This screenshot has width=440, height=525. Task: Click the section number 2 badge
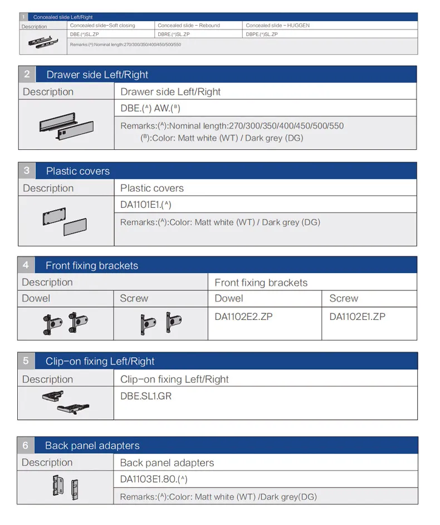click(x=27, y=74)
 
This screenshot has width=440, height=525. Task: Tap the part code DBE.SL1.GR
click(x=146, y=396)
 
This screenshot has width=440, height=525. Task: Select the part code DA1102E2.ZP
click(x=243, y=317)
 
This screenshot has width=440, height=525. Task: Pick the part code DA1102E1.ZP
click(x=358, y=317)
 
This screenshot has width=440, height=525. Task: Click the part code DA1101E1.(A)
click(x=146, y=205)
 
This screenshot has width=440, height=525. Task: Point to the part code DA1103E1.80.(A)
click(x=154, y=479)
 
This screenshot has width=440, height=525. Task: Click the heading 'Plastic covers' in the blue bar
click(x=78, y=171)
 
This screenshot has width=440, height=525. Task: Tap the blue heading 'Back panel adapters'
click(x=92, y=446)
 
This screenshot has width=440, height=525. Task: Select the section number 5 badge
click(x=26, y=361)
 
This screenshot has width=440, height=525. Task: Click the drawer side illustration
click(x=67, y=126)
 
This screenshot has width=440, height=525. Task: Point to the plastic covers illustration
click(x=65, y=221)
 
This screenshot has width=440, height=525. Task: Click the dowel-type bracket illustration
click(x=66, y=323)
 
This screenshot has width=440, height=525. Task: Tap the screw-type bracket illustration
click(x=161, y=323)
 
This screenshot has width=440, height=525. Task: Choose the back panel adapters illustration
click(x=66, y=488)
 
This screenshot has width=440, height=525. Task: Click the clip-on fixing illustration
click(x=66, y=402)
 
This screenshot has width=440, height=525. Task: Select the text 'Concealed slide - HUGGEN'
click(x=278, y=26)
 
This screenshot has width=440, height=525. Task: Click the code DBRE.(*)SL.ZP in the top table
click(x=174, y=34)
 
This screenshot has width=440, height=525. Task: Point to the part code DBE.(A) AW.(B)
click(x=150, y=108)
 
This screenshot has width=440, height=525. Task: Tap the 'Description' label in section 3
click(x=48, y=188)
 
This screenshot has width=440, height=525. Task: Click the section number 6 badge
click(x=26, y=445)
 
